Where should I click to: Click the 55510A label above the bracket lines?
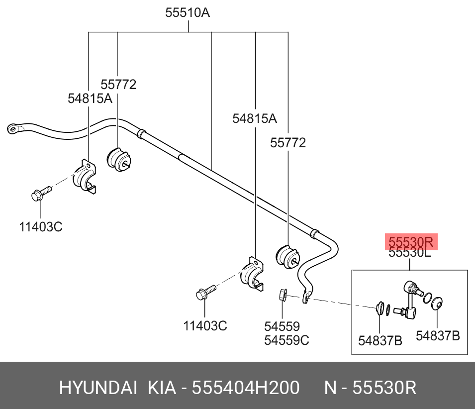188,13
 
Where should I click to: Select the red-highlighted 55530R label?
411,242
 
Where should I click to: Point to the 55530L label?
409,253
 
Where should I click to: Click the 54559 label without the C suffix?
282,326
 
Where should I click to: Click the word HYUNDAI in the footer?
98,388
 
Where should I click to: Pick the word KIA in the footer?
162,388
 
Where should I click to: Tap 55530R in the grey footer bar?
384,388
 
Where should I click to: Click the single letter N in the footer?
330,388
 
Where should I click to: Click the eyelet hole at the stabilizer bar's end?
12,129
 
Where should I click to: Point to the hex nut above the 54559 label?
282,296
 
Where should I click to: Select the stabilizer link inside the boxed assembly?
411,299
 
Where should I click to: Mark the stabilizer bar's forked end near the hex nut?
307,297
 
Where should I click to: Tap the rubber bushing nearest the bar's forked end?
287,255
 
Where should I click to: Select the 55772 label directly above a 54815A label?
118,85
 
